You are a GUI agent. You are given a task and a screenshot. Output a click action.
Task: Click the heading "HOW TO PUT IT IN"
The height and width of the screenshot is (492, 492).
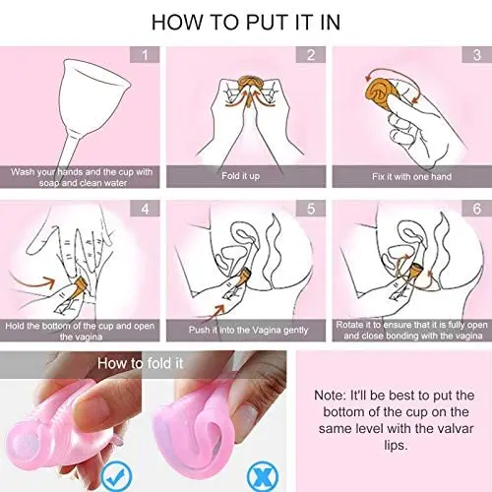point(246,23)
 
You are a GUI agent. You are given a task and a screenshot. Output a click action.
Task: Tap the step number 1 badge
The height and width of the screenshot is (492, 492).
point(145,55)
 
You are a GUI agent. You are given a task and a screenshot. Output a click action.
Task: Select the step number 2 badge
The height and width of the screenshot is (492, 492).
point(311,55)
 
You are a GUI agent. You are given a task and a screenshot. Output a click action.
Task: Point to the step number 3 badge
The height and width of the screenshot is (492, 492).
point(476,55)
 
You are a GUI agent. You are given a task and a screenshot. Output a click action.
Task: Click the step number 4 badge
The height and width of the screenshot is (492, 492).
point(145,209)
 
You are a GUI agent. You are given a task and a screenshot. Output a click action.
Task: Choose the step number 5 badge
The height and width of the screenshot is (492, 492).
point(311,209)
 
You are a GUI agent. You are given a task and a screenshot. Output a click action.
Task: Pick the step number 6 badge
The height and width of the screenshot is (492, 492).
point(476,209)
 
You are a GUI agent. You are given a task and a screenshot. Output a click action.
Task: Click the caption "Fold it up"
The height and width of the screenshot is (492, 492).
point(240,176)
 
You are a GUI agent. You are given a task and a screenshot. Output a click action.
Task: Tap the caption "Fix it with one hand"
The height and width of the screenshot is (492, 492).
point(411,177)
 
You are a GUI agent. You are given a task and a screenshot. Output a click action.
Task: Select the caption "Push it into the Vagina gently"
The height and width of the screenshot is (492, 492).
point(248,330)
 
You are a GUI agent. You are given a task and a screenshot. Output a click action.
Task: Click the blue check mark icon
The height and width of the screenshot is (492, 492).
point(117,476)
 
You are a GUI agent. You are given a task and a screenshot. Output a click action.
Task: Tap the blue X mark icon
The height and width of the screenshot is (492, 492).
point(263,476)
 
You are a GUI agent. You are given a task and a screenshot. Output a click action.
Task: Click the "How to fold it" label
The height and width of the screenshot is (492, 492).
point(140,363)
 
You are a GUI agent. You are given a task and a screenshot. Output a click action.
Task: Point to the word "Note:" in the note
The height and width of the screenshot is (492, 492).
point(330,396)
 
